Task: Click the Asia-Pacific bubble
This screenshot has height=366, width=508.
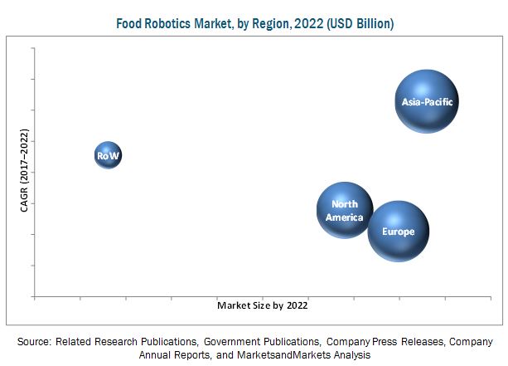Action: click(426, 101)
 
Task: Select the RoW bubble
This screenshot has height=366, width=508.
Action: click(108, 155)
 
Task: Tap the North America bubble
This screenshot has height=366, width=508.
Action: click(345, 210)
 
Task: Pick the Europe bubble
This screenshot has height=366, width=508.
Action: click(399, 232)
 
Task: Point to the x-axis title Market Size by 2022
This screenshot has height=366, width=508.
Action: click(262, 305)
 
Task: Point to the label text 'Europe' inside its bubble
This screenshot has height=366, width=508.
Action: click(399, 232)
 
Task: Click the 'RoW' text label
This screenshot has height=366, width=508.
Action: click(108, 155)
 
